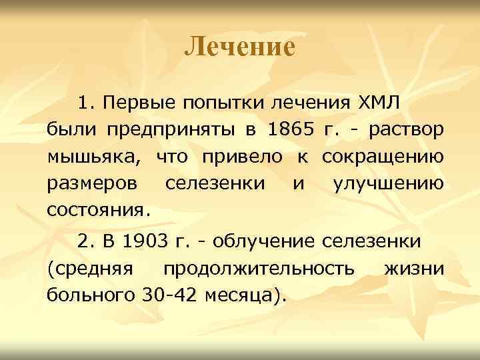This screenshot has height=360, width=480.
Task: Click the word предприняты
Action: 161,131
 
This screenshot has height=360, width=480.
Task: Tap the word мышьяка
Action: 93,157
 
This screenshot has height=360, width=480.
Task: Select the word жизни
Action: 415,267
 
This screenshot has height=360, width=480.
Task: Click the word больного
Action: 91,295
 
